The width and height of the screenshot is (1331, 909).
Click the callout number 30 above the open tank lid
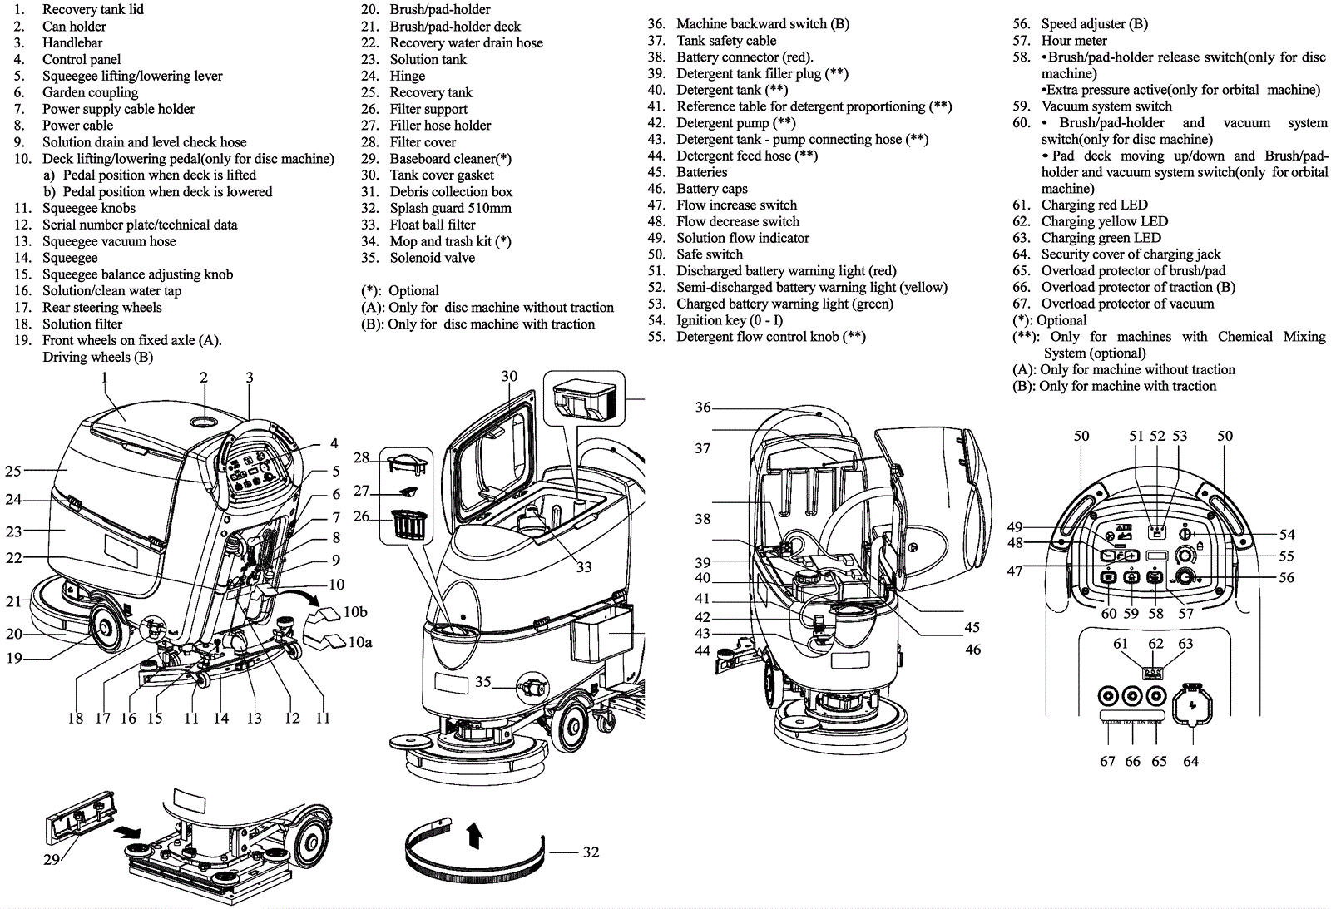click(x=509, y=377)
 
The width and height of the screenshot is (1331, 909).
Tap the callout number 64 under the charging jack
click(x=1190, y=761)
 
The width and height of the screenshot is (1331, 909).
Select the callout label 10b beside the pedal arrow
click(x=355, y=612)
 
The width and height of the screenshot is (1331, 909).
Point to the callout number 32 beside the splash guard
click(x=591, y=852)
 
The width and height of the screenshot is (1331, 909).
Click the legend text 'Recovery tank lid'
click(x=92, y=9)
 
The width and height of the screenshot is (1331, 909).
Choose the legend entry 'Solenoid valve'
click(x=432, y=258)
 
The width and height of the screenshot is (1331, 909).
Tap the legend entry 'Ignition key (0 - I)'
click(x=729, y=320)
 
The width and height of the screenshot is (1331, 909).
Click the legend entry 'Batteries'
click(x=701, y=172)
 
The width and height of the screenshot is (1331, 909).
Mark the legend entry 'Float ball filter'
click(x=432, y=225)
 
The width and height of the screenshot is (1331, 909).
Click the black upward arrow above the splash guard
click(x=475, y=834)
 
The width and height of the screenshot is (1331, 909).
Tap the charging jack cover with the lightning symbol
click(x=1191, y=705)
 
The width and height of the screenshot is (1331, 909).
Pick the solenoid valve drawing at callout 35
click(x=532, y=688)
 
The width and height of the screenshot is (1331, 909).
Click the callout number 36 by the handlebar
click(x=703, y=407)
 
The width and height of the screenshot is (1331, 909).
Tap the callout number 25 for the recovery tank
click(x=12, y=471)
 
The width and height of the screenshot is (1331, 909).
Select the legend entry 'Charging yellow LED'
click(x=1104, y=221)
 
